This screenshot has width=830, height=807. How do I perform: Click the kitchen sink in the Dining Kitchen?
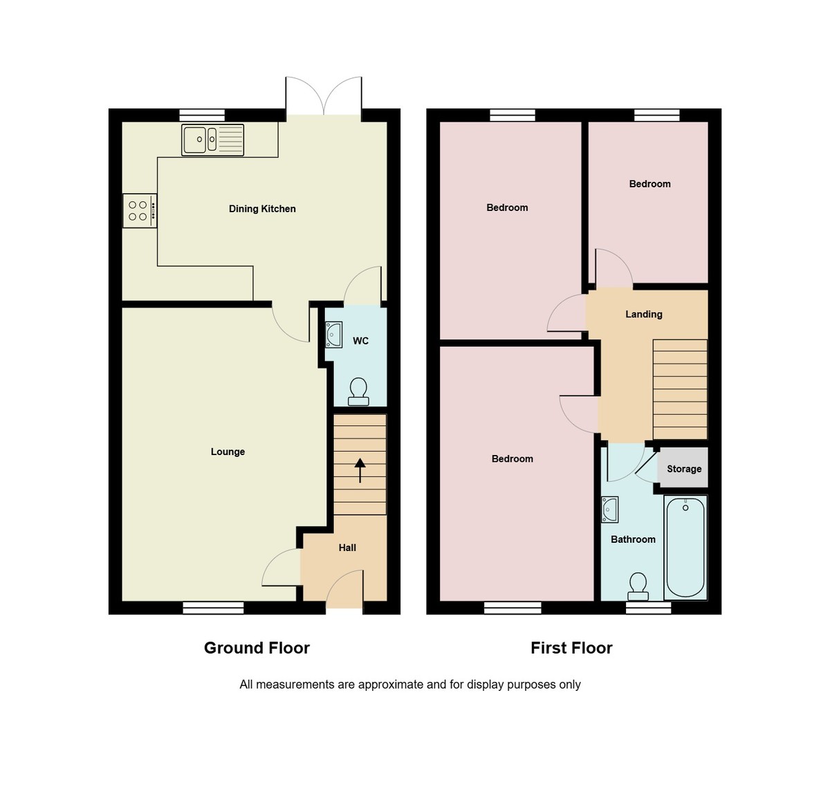click(212, 140)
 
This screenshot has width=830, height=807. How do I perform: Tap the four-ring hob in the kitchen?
click(139, 210)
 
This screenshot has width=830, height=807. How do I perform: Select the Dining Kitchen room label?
click(262, 209)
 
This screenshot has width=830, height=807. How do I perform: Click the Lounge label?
click(228, 452)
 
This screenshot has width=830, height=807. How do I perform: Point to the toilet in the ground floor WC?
click(358, 392)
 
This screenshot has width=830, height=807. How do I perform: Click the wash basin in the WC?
click(334, 335)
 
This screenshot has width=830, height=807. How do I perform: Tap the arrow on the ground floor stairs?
click(360, 470)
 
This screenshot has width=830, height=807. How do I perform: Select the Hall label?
click(347, 548)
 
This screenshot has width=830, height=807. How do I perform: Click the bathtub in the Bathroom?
click(685, 547)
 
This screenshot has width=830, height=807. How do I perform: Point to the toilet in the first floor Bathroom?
click(638, 587)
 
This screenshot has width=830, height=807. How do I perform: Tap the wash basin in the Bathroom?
click(609, 510)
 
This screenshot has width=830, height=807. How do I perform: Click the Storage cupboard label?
click(684, 469)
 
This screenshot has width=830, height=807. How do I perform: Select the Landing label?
click(643, 314)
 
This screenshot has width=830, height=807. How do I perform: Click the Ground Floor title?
click(257, 648)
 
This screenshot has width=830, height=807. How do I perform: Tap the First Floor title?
click(571, 648)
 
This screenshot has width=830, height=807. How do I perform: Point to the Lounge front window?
click(213, 608)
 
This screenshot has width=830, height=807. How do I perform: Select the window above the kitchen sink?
click(202, 115)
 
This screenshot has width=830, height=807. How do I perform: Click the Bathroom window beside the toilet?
click(648, 608)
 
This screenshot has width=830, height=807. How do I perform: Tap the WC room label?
click(360, 341)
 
